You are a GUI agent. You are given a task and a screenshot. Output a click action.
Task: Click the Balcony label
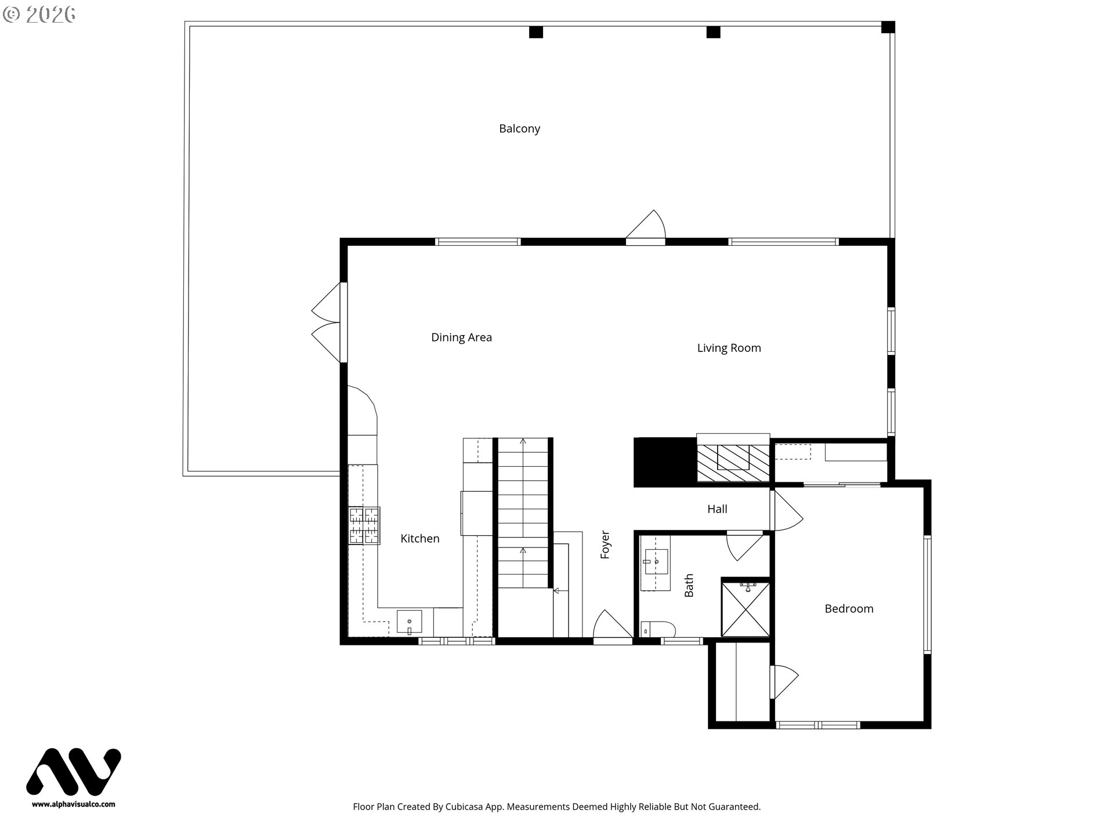pyautogui.click(x=519, y=129)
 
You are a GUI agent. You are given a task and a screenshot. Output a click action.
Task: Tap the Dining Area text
pyautogui.click(x=461, y=337)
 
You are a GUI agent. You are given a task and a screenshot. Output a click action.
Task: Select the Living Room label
pyautogui.click(x=729, y=348)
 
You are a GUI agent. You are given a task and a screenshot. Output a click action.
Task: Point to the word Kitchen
pyautogui.click(x=420, y=539)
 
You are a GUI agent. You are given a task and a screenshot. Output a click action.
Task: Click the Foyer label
pyautogui.click(x=605, y=545)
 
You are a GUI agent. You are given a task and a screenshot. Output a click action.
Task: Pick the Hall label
pyautogui.click(x=717, y=509)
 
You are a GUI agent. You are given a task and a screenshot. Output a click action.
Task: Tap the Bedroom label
pyautogui.click(x=849, y=609)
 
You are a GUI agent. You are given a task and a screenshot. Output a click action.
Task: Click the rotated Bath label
pyautogui.click(x=689, y=586)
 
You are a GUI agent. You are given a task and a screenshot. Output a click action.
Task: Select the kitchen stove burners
pyautogui.click(x=364, y=526)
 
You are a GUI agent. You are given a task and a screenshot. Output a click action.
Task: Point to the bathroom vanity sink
pyautogui.click(x=656, y=562)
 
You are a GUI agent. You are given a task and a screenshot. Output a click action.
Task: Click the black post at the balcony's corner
pyautogui.click(x=888, y=27)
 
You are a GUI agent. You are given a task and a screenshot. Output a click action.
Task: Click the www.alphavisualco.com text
pyautogui.click(x=74, y=804)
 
